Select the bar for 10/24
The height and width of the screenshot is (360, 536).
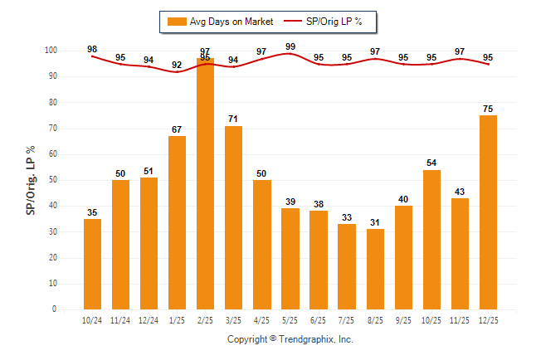92,264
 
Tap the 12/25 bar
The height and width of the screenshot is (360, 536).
488,212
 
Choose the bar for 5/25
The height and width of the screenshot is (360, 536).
290,259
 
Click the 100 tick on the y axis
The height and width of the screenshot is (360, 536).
49,51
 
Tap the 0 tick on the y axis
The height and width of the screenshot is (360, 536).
54,309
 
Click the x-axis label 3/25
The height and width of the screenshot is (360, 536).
233,320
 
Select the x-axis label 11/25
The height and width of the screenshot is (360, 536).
460,320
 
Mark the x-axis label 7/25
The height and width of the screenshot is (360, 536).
346,320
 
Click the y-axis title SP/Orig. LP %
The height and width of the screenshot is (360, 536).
31,178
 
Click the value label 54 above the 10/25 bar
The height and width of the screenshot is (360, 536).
431,163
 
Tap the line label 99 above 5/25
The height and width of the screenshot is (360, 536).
290,46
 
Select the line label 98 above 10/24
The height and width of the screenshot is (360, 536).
92,49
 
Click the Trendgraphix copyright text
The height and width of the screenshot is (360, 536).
290,339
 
